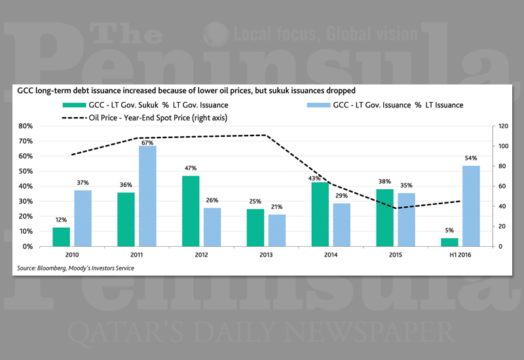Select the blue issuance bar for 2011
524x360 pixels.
147,196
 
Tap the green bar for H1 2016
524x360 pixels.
449,242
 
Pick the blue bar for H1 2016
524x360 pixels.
471,206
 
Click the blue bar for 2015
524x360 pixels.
407,219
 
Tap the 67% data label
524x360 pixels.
147,142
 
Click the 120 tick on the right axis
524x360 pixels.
503,126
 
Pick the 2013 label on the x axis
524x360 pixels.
267,255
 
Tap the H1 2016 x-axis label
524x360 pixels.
460,255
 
